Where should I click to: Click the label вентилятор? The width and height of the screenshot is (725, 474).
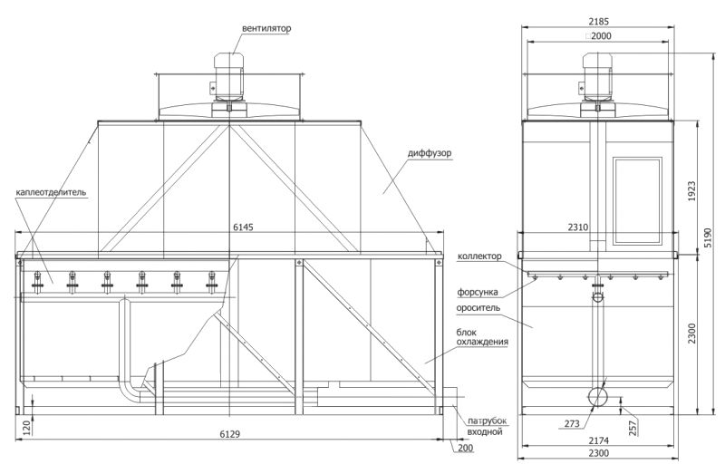(x=266, y=29)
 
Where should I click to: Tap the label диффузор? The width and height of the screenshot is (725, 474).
(x=430, y=153)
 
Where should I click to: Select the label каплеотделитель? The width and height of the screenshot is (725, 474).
(x=51, y=192)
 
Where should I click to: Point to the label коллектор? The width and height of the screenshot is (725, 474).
(x=479, y=256)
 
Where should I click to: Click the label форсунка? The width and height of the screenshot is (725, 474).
(x=478, y=292)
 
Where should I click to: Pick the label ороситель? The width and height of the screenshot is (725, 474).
(x=478, y=307)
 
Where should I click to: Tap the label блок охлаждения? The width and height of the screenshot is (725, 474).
(x=482, y=337)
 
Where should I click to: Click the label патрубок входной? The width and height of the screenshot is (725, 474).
(x=487, y=426)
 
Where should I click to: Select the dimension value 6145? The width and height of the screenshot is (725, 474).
(x=243, y=227)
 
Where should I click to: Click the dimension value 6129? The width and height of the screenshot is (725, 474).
(x=230, y=434)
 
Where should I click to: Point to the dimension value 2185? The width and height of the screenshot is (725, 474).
(x=599, y=21)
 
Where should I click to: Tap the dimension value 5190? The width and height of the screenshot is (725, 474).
(x=708, y=238)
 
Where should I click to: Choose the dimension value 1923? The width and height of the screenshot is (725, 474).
(x=692, y=191)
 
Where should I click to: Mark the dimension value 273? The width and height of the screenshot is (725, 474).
(x=572, y=423)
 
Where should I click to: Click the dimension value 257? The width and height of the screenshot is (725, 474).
(x=633, y=428)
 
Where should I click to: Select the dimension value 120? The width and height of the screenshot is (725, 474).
(x=26, y=428)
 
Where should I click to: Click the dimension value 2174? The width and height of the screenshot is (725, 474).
(x=599, y=440)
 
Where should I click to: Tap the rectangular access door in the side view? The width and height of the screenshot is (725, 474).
(x=637, y=201)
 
